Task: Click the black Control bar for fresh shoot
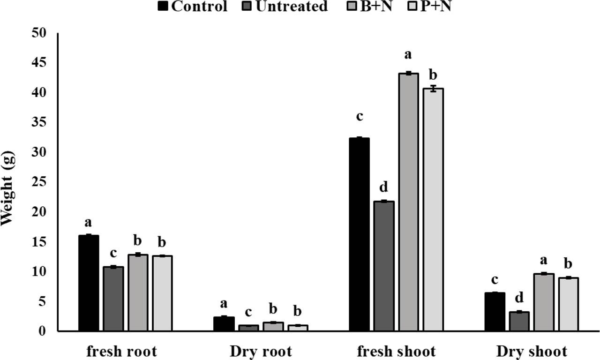(x=359, y=234)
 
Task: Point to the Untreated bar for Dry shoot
(x=518, y=322)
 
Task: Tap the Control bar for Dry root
(x=224, y=324)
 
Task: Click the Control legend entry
(x=193, y=7)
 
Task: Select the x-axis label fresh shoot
(x=396, y=351)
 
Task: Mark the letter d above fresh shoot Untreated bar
(x=384, y=187)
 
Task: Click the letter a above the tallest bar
(x=408, y=54)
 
